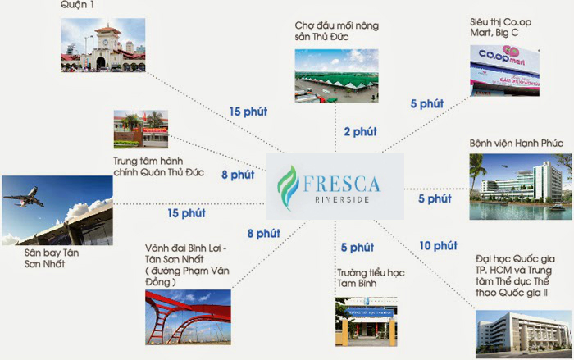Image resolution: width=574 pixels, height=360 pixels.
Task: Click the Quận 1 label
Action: click(78, 5)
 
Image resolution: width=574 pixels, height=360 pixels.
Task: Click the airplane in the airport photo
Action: click(24, 198)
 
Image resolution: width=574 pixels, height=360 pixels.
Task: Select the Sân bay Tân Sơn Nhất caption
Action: click(52, 258)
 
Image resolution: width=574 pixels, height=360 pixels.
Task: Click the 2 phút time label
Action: click(360, 132)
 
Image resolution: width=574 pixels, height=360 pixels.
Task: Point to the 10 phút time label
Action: click(438, 246)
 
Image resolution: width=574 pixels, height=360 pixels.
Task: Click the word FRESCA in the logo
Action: click(341, 184)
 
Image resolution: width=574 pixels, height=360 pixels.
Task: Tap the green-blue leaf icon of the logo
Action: click(288, 188)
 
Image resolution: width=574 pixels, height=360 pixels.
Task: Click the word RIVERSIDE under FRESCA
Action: click(342, 199)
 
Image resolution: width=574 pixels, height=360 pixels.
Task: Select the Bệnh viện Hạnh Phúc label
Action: click(516, 144)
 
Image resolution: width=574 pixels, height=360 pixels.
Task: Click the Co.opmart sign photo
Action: click(504, 71)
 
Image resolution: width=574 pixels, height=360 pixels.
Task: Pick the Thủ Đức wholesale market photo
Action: click(336, 76)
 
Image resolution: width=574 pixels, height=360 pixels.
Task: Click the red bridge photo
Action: click(188, 317)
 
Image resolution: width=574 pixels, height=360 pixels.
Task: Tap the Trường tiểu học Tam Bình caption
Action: click(371, 278)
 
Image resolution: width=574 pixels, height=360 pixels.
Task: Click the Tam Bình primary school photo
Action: click(366, 322)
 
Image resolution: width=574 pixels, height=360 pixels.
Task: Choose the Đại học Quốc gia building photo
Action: click(523, 335)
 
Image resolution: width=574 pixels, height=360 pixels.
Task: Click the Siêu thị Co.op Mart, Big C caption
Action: click(500, 27)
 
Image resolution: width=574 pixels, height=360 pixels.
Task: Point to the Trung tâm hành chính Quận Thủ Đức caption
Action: click(158, 166)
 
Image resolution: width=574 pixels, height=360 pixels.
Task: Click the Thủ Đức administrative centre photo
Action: click(141, 130)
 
